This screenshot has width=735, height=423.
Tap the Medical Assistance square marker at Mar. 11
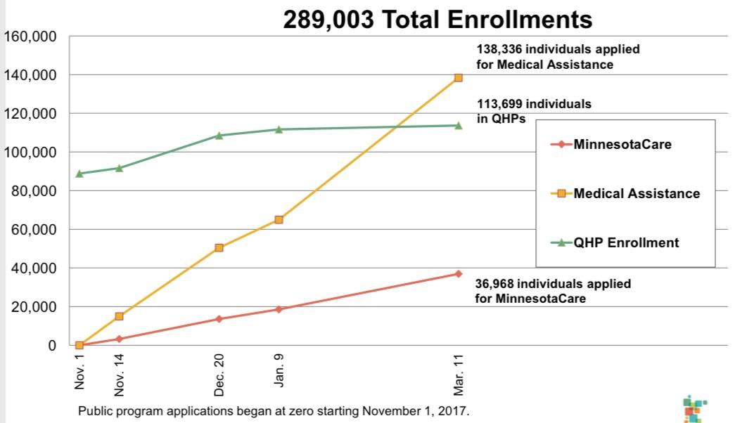click(458, 78)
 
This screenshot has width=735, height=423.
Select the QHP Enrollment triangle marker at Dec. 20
click(219, 135)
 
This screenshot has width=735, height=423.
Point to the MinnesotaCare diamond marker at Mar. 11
click(458, 273)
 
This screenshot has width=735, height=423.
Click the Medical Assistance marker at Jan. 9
click(279, 220)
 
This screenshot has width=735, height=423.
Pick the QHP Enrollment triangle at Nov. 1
click(79, 174)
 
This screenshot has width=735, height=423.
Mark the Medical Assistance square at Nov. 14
click(120, 316)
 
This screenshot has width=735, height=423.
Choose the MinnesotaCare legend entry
click(622, 145)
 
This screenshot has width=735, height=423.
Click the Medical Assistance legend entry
click(637, 193)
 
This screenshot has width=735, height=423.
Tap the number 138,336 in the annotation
click(500, 51)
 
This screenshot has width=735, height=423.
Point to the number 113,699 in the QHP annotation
click(500, 104)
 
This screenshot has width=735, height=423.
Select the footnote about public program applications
click(273, 410)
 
